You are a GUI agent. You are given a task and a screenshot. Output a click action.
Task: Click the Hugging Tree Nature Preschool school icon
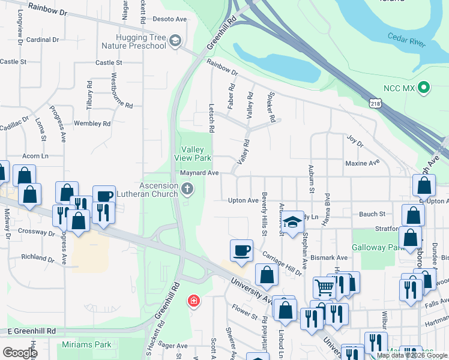175,40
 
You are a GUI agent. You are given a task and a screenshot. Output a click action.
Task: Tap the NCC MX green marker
424,88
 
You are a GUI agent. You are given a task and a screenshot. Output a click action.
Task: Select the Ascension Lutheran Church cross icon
187,190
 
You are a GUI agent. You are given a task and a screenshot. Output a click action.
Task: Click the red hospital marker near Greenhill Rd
193,300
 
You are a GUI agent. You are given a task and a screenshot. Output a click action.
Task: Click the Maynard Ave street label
199,173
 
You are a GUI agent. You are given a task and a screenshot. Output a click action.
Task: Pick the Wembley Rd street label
92,124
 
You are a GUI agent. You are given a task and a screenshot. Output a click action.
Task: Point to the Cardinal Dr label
43,40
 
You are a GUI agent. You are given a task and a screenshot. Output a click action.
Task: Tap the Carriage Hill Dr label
282,263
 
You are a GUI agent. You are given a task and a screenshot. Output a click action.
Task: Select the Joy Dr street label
355,141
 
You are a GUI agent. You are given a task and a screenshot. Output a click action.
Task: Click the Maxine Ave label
363,163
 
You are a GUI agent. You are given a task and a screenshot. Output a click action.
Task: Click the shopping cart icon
325,287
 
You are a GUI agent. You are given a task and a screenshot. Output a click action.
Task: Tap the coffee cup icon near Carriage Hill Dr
242,250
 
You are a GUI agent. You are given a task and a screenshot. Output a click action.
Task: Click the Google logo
20,353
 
